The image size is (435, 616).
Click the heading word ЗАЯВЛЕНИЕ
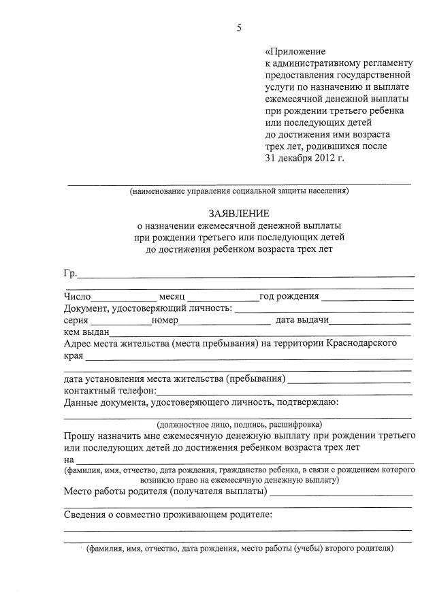pyautogui.click(x=239, y=213)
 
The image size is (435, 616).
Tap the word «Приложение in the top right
pyautogui.click(x=295, y=51)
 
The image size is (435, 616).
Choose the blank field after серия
pyautogui.click(x=121, y=321)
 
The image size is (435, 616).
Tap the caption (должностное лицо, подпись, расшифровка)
pyautogui.click(x=238, y=423)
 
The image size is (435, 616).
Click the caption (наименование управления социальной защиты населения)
pyautogui.click(x=239, y=191)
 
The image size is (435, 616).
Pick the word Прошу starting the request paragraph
pyautogui.click(x=79, y=436)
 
